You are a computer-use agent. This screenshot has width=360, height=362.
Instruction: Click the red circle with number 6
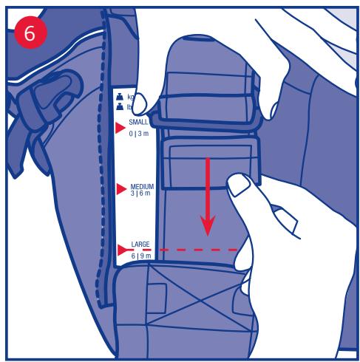30,33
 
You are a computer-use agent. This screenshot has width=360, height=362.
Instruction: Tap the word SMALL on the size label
138,122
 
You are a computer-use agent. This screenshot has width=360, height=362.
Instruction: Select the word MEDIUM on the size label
142,186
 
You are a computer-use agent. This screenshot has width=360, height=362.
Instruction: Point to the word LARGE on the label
140,244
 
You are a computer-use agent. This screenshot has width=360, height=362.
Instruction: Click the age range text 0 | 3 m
139,134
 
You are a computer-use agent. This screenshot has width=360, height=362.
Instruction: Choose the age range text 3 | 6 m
140,193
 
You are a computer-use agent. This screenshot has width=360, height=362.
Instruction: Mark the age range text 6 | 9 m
141,256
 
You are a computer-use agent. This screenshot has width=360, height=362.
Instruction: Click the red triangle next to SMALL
120,128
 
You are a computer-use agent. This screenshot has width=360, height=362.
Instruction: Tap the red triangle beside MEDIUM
121,189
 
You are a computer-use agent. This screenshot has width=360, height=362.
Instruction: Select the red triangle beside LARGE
122,250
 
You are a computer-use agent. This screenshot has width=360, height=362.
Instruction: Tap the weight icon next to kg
120,97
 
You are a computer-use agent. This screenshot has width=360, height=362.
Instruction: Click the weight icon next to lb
120,106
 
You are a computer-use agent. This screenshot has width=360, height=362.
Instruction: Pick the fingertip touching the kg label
140,104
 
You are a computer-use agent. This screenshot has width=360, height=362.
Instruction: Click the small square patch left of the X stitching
157,298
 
